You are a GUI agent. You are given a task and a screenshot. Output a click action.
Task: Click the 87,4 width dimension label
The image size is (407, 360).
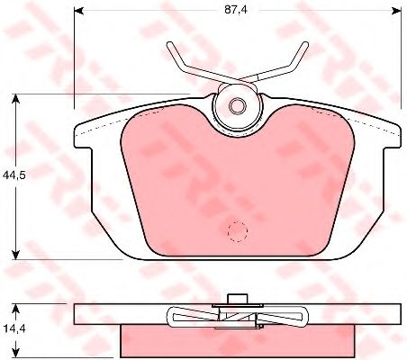235,10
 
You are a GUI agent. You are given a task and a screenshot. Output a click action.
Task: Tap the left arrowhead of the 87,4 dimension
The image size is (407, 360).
78,11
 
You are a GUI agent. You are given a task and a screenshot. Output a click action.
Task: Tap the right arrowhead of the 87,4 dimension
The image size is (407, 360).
397,11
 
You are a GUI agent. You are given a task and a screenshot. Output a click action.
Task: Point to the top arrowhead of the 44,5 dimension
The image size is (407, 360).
15,98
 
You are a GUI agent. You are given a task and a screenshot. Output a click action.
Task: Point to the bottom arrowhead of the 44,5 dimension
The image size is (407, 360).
15,255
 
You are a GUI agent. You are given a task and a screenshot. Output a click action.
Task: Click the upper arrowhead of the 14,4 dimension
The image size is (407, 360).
15,309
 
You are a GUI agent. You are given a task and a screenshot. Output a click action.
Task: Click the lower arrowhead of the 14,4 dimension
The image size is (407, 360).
15,353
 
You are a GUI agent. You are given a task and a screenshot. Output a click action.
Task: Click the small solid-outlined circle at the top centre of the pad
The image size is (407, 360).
238,105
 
